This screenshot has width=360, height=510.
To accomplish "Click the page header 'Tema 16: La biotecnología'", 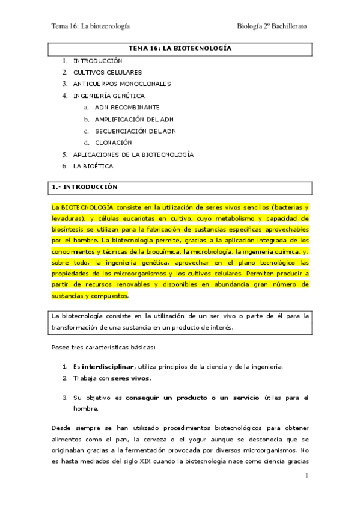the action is coord(91,26).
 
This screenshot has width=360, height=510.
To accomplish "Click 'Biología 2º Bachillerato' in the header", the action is coord(272,26).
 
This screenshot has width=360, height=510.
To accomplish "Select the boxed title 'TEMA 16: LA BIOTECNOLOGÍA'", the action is coord(180,48).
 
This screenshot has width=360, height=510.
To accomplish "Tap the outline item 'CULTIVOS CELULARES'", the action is coord(108,72).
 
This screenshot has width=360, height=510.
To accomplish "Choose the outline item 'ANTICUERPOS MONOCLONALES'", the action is coord(122,84).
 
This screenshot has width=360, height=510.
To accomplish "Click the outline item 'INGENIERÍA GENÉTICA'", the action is coord(109,96).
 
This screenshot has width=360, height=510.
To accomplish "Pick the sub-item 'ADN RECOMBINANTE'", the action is coord(127,107).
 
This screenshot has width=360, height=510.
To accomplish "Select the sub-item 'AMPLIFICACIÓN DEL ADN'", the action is coord(135,119).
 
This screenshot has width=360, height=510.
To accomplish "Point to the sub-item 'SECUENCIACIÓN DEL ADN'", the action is coord(135,131).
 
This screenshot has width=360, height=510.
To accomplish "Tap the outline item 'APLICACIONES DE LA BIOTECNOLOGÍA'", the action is coord(133,155).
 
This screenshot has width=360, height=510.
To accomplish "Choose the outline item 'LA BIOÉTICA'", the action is coord(93,166).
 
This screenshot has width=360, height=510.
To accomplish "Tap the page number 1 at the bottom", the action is coord(307,476).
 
